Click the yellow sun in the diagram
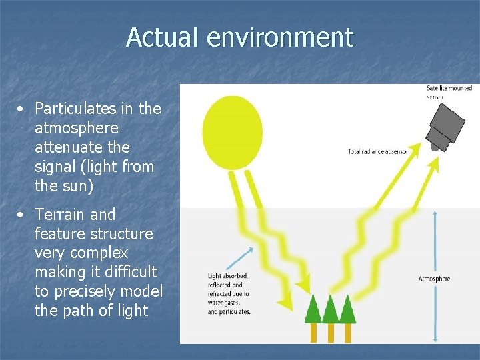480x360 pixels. [x=232, y=132]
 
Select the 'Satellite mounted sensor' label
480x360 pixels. [x=449, y=92]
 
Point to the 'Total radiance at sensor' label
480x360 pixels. [x=378, y=151]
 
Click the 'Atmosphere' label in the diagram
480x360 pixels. [x=434, y=279]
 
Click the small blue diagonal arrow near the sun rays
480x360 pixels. [x=241, y=259]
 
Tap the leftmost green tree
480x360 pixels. [x=313, y=309]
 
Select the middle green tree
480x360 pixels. [x=330, y=309]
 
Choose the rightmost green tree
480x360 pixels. [x=347, y=309]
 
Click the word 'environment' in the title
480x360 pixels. [x=279, y=37]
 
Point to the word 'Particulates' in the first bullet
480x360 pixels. [x=73, y=108]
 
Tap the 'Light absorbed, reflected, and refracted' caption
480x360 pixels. [x=229, y=293]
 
